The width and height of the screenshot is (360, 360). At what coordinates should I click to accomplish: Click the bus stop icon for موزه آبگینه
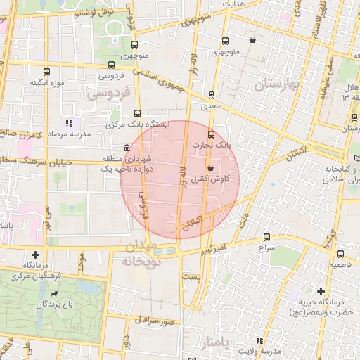point(46,72)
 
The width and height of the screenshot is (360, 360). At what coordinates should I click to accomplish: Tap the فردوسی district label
point(106,93)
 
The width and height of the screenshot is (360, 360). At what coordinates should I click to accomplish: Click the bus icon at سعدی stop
point(212,95)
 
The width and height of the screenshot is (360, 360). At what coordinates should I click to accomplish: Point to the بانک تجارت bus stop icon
point(211,134)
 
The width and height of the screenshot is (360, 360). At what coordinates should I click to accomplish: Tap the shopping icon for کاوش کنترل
point(212,167)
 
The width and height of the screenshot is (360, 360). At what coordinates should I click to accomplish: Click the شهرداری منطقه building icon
point(126,148)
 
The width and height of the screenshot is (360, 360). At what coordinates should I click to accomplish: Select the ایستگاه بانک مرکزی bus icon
point(137,112)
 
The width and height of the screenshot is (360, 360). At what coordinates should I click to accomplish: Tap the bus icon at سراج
point(266,238)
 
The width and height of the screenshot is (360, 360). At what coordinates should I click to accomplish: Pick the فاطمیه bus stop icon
point(340,254)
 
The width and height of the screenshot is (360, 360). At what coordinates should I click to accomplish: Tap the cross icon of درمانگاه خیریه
point(321,290)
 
